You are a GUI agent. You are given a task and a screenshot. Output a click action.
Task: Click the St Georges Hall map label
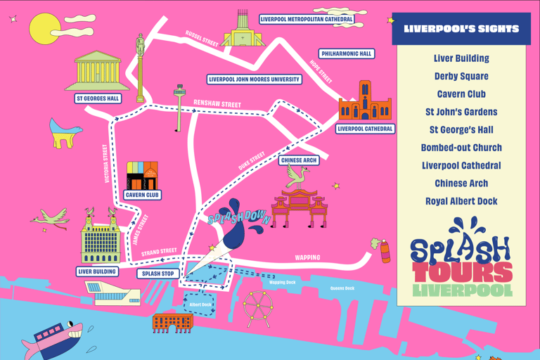pos(98,98)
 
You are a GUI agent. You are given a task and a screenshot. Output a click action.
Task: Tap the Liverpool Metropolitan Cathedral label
pos(307,20)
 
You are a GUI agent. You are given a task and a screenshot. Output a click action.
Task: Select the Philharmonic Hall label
pos(346,54)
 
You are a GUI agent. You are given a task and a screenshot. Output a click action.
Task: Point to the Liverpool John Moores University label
pos(255,79)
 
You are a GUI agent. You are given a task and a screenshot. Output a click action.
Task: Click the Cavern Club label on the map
pos(142,195)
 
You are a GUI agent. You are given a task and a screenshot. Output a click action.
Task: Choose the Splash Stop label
pos(158,274)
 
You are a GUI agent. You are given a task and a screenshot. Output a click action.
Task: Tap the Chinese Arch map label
pos(299,160)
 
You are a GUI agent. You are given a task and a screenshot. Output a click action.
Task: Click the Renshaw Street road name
pos(217,104)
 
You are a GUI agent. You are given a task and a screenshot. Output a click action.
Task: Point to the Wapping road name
pos(307,258)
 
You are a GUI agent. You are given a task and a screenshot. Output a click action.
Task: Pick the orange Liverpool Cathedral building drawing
pos(364,103)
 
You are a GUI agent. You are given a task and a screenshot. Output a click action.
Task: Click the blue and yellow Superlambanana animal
pos(65,132)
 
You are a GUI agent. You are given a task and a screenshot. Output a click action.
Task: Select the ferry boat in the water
pos(53,337)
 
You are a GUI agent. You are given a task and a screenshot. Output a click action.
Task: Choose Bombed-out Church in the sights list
pos(461,148)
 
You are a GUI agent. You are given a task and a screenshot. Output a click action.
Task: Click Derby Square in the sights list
pos(461,76)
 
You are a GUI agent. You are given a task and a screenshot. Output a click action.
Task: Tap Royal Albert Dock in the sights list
pos(461,201)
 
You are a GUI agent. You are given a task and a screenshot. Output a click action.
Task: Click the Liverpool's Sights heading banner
pos(461,30)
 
